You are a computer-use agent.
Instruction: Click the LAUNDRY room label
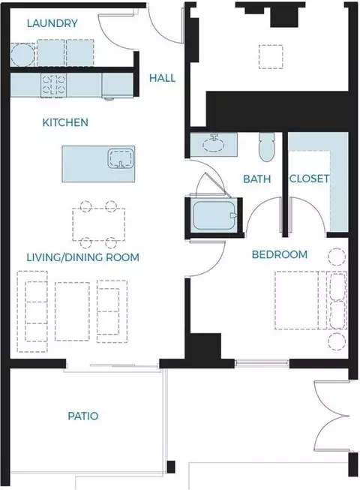point(52,23)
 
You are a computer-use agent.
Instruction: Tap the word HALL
point(162,78)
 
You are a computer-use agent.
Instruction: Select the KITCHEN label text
point(65,122)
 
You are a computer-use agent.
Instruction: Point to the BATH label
point(257,179)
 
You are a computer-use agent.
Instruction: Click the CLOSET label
point(310,179)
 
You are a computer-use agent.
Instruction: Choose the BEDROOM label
point(280,254)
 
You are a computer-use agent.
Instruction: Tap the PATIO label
point(83,416)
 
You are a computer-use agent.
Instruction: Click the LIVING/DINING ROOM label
point(82,257)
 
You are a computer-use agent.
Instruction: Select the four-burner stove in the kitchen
point(54,85)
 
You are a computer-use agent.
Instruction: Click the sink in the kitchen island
point(121,158)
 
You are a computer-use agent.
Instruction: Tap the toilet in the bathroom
point(267,147)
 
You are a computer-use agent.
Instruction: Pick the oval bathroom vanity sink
point(214,145)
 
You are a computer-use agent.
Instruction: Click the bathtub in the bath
point(214,215)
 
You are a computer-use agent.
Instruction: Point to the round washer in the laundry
point(22,54)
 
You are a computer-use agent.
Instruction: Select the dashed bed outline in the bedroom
point(310,300)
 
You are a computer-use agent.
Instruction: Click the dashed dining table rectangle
point(99,224)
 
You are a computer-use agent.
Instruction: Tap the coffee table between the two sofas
point(72,311)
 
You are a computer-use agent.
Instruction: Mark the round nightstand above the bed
point(337,257)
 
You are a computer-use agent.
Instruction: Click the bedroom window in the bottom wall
point(262,362)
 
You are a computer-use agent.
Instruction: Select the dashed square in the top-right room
point(271,56)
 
